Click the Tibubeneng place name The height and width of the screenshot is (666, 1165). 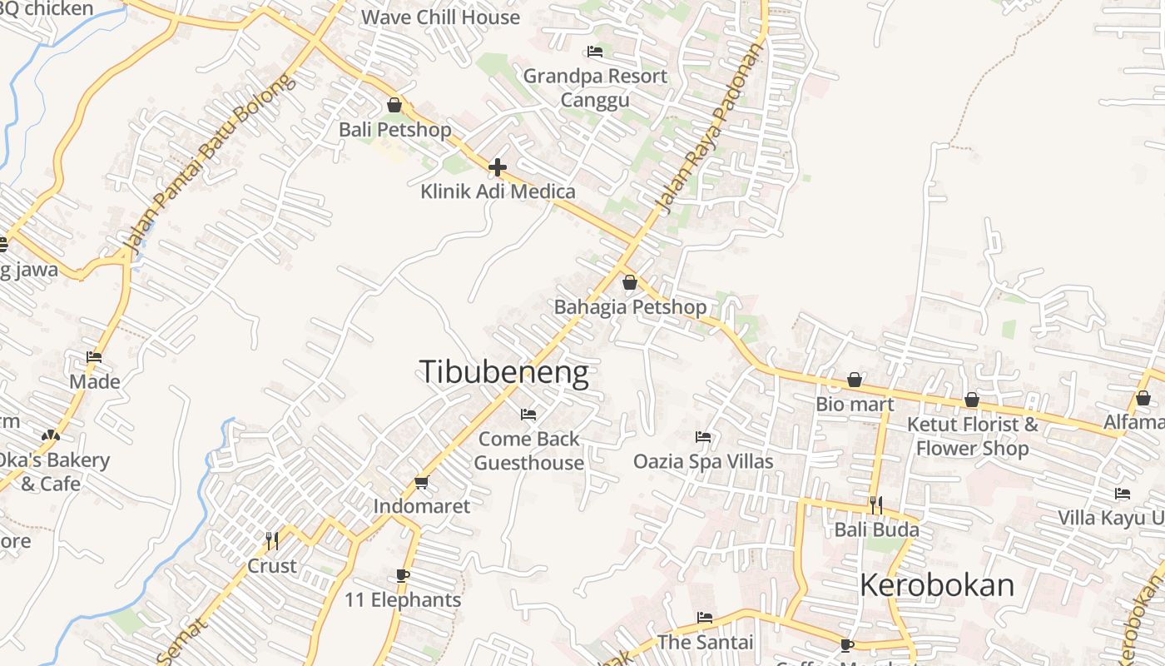click(503, 372)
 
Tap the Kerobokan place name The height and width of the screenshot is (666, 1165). click(936, 585)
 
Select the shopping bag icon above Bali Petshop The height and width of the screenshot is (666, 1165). click(394, 106)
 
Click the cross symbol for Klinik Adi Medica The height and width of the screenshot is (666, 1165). click(498, 167)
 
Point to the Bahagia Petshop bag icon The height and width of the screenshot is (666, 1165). click(630, 282)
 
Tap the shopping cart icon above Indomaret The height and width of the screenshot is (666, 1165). click(422, 483)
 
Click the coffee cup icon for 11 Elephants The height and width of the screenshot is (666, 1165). click(403, 575)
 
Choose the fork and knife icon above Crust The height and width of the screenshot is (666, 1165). click(272, 541)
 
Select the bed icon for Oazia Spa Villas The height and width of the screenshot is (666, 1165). click(703, 437)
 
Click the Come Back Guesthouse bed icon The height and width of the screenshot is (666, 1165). click(528, 415)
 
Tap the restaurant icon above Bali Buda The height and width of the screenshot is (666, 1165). click(875, 504)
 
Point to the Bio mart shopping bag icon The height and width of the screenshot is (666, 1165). click(855, 380)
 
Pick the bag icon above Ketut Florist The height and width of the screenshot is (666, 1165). click(972, 400)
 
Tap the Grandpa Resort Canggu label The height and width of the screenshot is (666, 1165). click(595, 87)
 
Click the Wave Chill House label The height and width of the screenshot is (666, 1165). click(440, 17)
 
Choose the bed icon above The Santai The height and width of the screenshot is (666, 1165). click(705, 618)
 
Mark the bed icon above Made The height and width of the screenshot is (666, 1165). click(94, 357)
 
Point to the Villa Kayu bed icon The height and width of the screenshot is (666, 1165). click(1123, 494)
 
